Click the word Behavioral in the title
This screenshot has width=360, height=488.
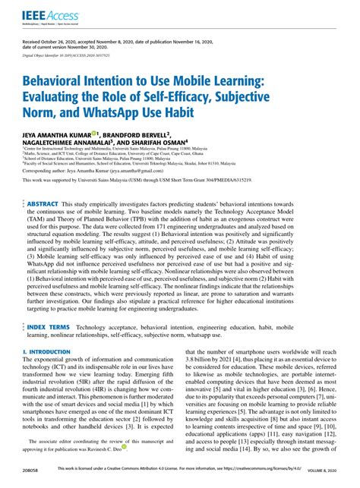(x=61, y=80)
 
